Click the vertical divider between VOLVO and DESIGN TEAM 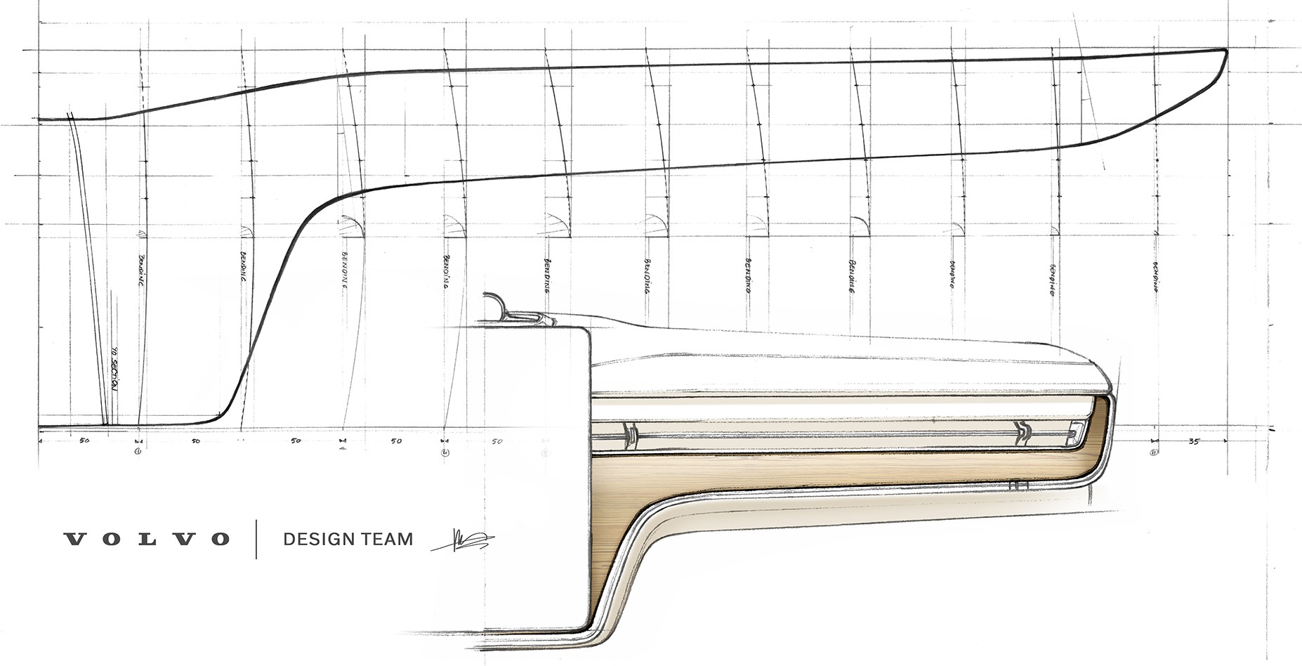tap(256, 540)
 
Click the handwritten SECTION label tap(117, 383)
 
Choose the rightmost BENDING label tap(1155, 277)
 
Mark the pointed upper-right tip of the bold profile tap(1225, 51)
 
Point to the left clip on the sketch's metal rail tap(629, 436)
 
